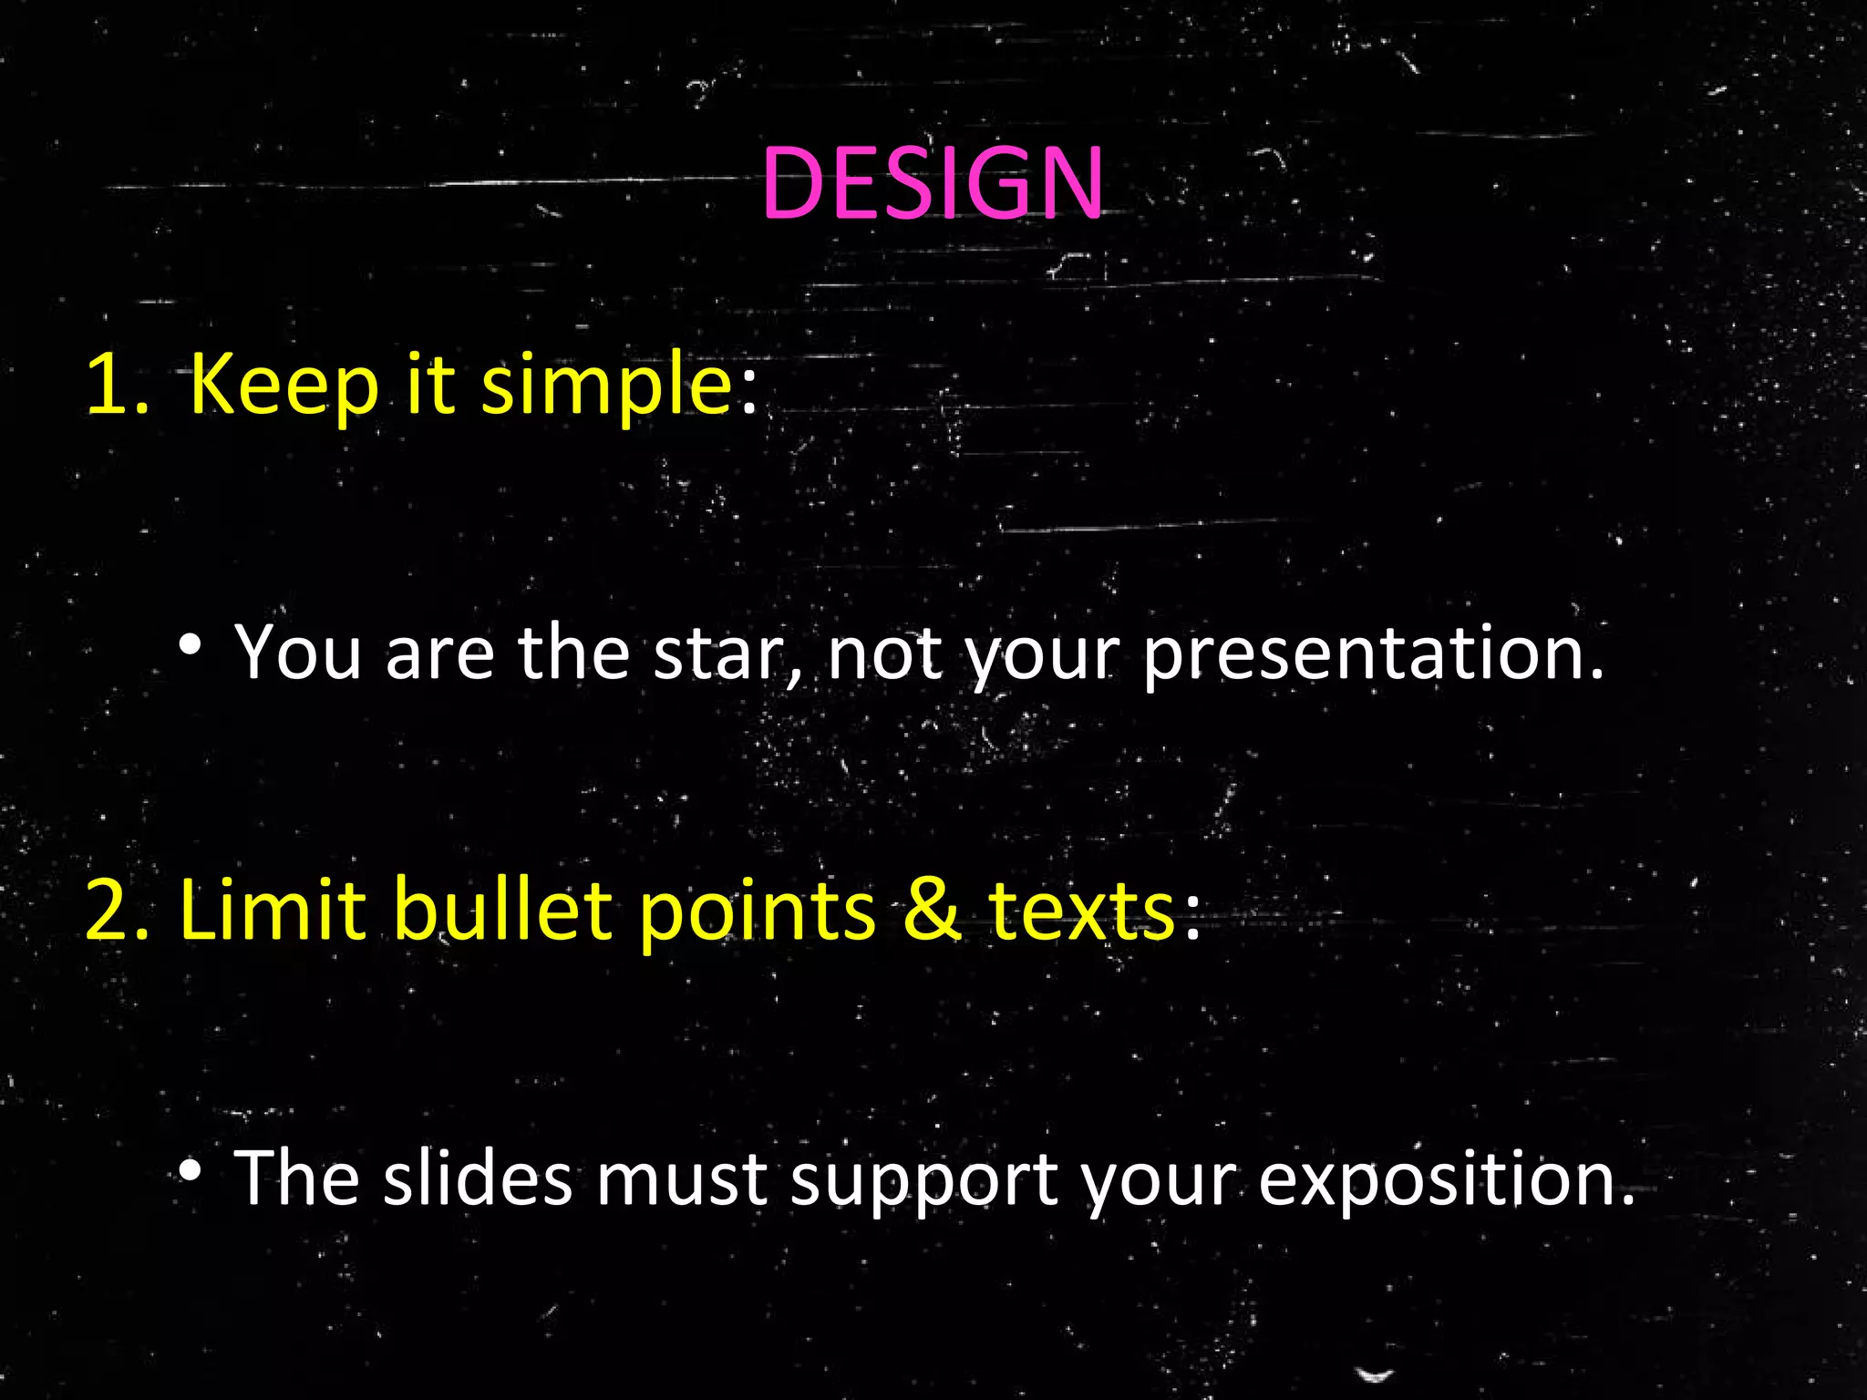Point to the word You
[x=298, y=653]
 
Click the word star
[x=725, y=653]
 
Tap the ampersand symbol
[x=931, y=910]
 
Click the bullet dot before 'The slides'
[x=190, y=1169]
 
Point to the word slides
[x=478, y=1178]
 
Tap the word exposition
[x=1446, y=1179]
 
